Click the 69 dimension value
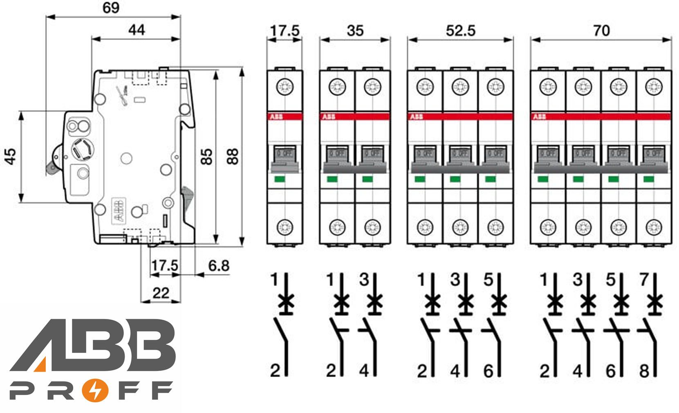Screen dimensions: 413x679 click(111, 8)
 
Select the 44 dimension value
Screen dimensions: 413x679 click(137, 30)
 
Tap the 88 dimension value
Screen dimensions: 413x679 click(233, 156)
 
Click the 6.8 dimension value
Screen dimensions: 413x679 click(219, 266)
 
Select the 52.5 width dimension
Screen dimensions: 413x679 click(460, 31)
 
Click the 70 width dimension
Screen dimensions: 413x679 click(601, 31)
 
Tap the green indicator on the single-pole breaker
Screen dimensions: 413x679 click(280, 179)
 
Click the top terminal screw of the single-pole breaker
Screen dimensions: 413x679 click(285, 87)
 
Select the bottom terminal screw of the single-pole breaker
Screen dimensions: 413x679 click(285, 226)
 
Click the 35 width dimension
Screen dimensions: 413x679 click(354, 31)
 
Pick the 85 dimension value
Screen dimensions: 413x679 click(208, 156)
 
